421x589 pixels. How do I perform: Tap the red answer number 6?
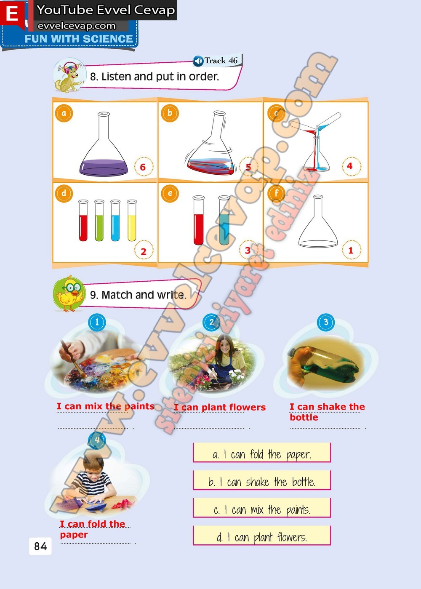(143, 167)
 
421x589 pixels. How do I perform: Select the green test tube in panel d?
(99, 220)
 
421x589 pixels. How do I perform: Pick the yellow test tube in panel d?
(132, 220)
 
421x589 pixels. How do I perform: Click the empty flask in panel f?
(318, 221)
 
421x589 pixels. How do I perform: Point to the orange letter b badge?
(170, 113)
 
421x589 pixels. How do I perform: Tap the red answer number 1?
(351, 250)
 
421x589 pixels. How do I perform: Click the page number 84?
(40, 546)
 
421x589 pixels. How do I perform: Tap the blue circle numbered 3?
(326, 322)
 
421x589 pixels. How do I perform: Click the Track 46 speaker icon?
(198, 61)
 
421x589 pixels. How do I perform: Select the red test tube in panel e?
(199, 220)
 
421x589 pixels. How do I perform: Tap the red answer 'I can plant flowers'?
(220, 407)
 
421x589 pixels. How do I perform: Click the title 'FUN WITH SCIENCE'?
(79, 39)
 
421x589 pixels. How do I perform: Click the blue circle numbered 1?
(97, 322)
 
